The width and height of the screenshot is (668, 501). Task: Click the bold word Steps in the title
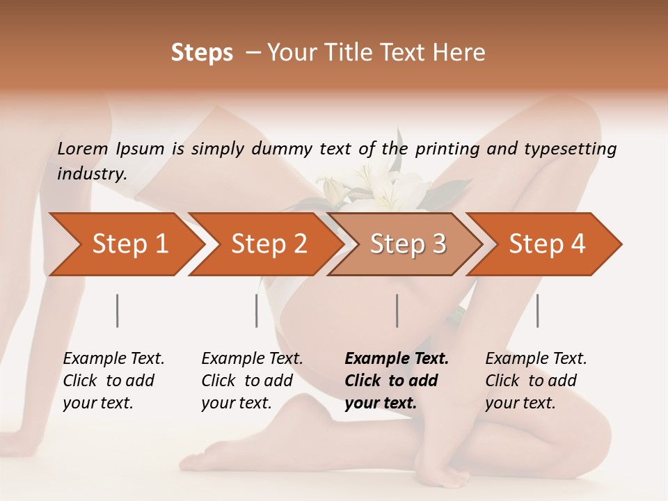202,53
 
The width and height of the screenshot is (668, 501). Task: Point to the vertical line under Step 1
118,310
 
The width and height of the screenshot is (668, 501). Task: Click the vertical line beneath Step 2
257,310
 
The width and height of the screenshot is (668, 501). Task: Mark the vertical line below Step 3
397,310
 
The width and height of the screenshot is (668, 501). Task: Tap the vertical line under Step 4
538,310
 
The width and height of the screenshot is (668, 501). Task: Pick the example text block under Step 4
536,381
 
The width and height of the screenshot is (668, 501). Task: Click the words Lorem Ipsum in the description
111,149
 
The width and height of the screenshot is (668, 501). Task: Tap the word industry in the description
91,174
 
